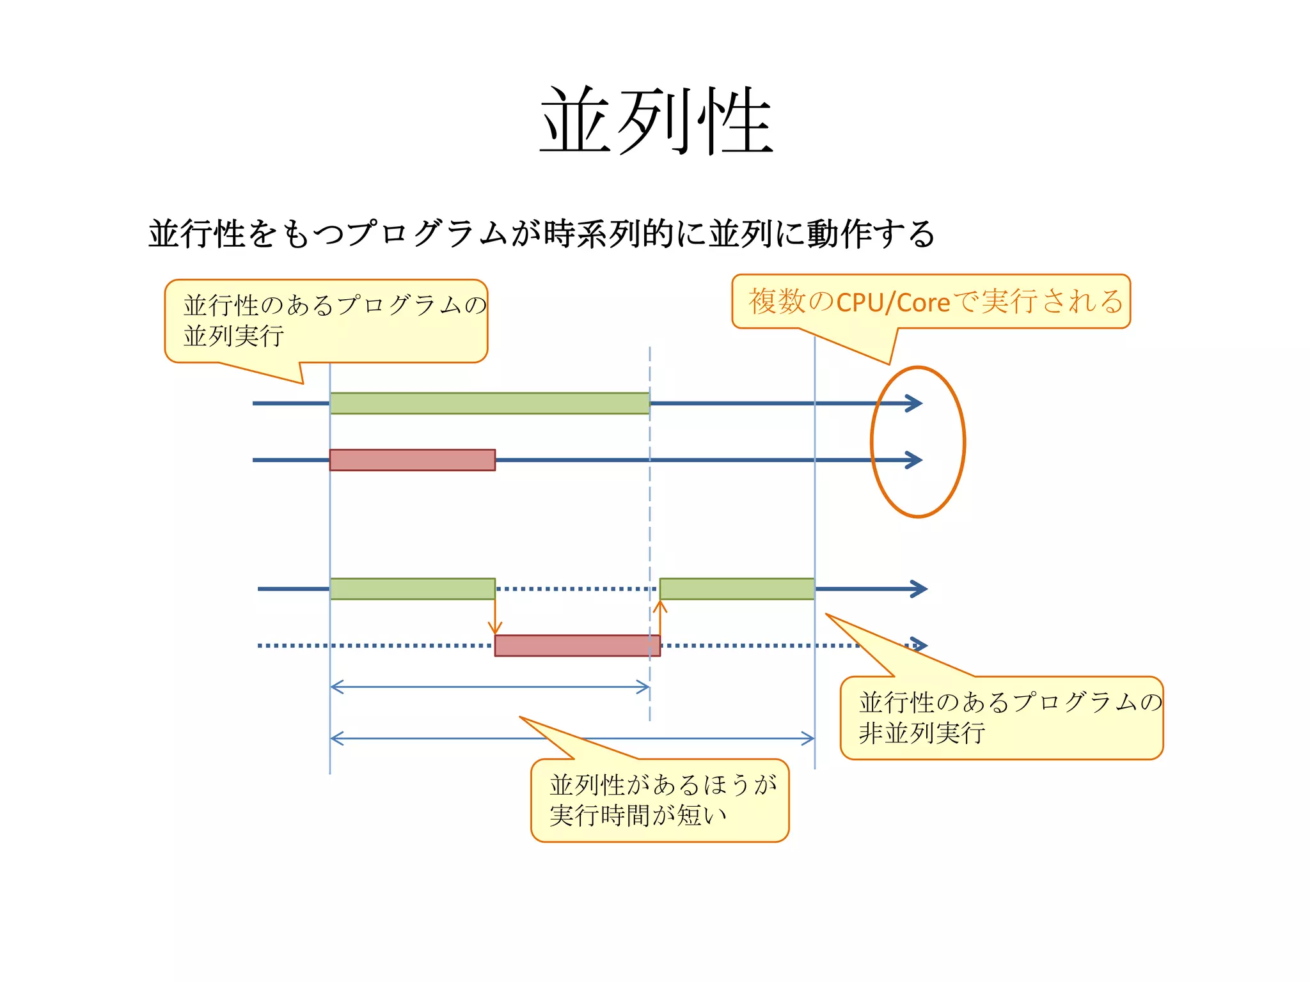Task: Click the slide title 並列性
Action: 656,121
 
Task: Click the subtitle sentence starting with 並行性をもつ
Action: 541,233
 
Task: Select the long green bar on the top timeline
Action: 489,403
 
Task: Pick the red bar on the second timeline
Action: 413,460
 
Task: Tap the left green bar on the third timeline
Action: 413,589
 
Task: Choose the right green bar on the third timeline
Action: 737,589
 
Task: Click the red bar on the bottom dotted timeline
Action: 577,646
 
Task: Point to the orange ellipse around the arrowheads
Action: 872,441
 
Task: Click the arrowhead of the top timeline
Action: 915,403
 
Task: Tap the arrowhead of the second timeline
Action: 915,460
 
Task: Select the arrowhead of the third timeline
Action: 920,589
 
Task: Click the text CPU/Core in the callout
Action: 893,302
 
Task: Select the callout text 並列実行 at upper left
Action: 233,336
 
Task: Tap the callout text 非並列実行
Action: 922,733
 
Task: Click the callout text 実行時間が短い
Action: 638,815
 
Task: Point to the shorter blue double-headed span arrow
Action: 490,687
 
